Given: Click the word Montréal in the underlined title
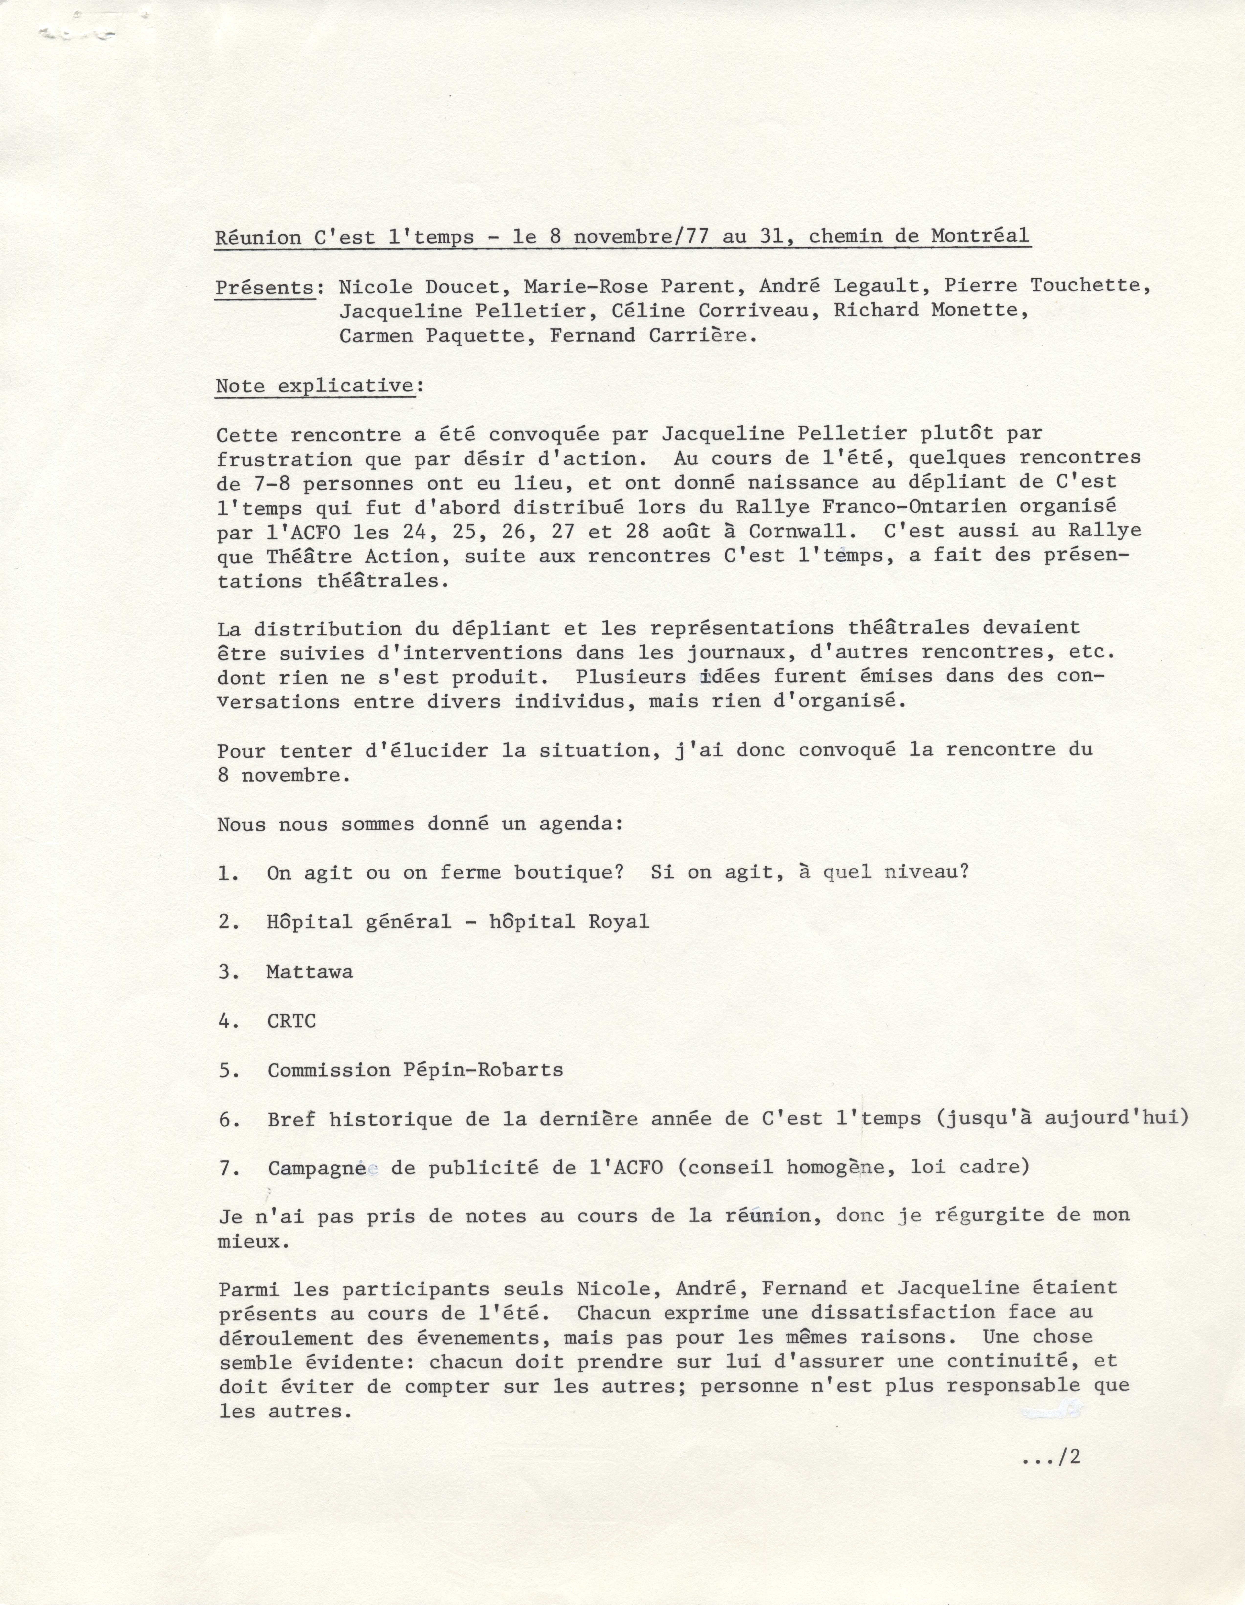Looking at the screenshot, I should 980,237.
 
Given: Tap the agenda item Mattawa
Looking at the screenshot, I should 309,971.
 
